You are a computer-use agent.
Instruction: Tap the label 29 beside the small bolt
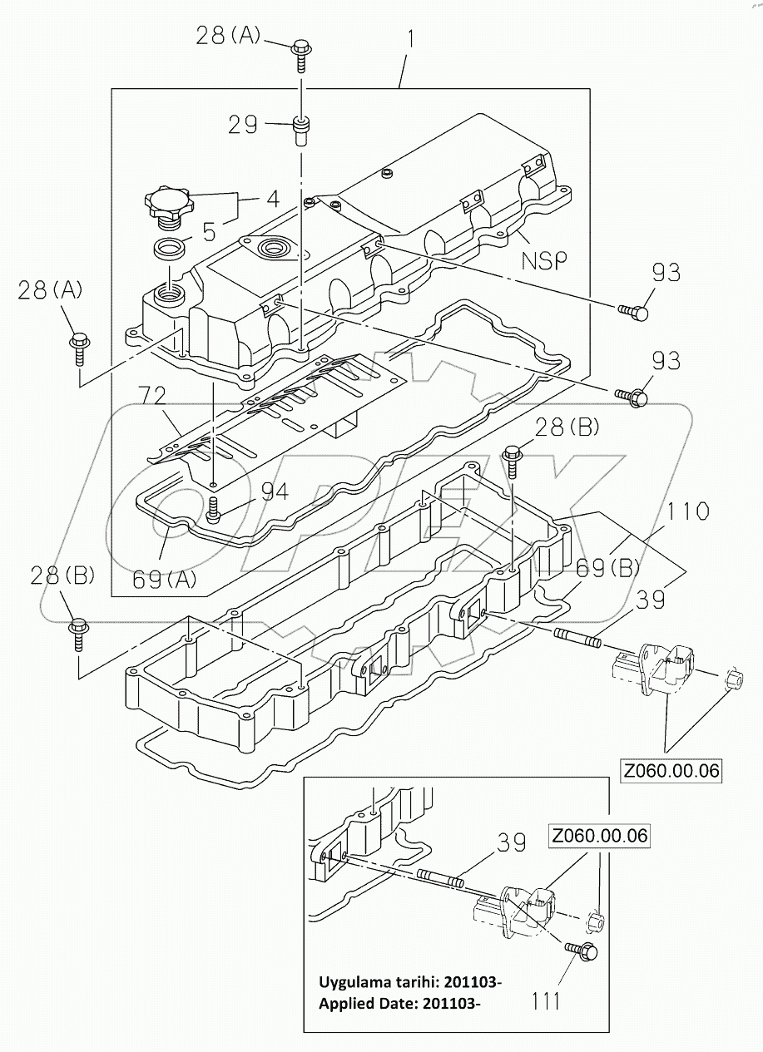[x=244, y=125]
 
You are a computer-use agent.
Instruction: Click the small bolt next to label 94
[x=213, y=507]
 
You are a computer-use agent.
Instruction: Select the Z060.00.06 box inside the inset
[x=598, y=836]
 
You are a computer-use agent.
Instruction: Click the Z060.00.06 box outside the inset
[x=671, y=770]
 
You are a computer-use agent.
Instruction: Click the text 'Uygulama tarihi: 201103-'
[x=410, y=982]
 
